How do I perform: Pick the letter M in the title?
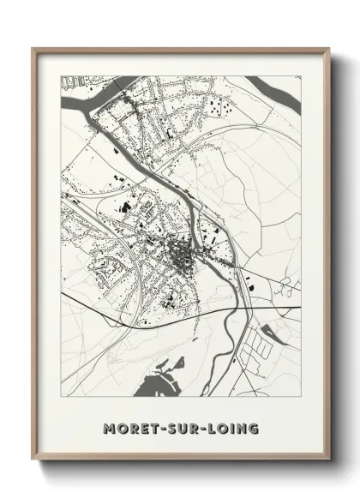coord(108,427)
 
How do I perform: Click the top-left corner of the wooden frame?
coord(33,49)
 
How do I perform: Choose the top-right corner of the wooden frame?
coord(329,49)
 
